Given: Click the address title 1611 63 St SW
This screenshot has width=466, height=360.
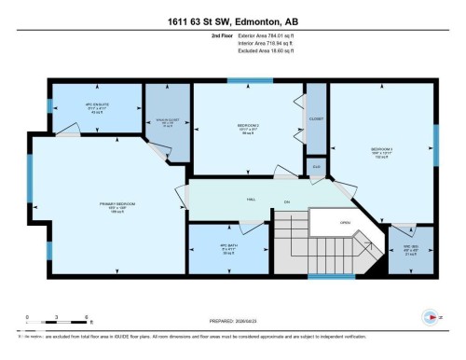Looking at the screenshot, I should point(232,17).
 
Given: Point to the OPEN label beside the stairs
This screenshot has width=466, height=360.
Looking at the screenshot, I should point(344,223).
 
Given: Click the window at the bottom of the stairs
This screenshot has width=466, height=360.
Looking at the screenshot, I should point(331,276).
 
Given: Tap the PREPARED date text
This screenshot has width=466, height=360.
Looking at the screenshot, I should point(232,320).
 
